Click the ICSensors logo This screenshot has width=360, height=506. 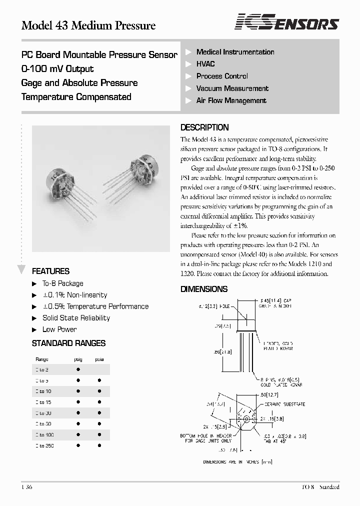(287, 22)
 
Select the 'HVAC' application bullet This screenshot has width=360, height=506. (205, 64)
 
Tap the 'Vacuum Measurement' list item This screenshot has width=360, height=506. (232, 88)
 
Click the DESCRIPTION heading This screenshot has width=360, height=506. (204, 127)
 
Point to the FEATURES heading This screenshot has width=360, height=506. (50, 271)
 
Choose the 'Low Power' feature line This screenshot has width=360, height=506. (59, 329)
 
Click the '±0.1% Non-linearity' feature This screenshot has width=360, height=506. (74, 295)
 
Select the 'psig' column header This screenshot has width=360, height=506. (78, 359)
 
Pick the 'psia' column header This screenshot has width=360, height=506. (99, 359)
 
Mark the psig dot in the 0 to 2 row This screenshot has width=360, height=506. (78, 369)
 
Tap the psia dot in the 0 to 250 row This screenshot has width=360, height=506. (99, 445)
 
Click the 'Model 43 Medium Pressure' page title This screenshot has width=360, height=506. (88, 25)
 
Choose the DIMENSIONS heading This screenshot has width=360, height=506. (203, 289)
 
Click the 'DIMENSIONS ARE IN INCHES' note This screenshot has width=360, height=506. (237, 462)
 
